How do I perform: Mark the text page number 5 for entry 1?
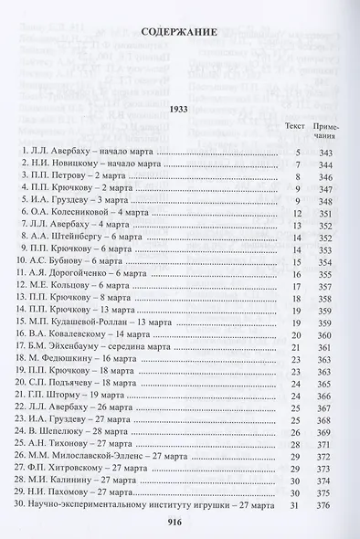[298, 149]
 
